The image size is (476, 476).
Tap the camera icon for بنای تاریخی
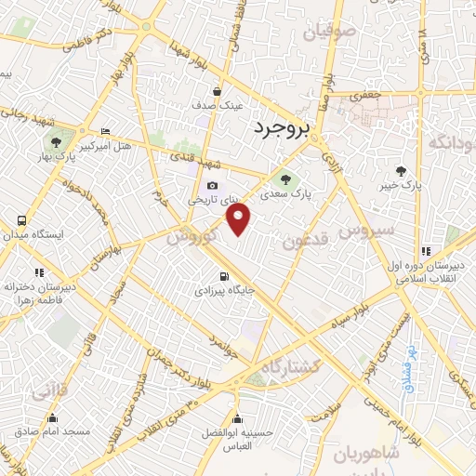(213, 186)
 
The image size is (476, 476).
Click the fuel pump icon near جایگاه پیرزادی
(222, 276)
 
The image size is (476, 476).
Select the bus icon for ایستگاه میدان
(21, 221)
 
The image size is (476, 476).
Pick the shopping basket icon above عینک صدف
(217, 92)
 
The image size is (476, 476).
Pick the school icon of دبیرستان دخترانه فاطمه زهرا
(39, 272)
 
